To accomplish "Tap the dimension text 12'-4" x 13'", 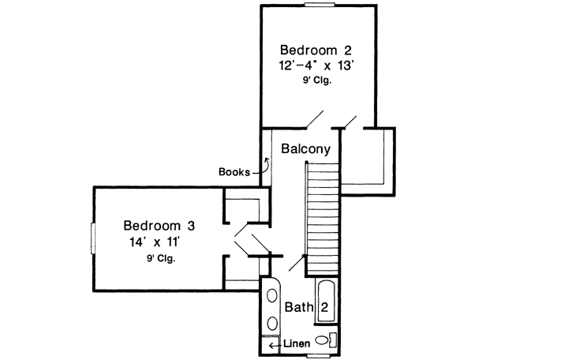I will (320, 66).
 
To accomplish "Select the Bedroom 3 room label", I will (159, 224).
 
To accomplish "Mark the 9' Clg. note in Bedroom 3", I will (160, 257).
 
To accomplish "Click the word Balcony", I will (305, 148).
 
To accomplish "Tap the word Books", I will (234, 171).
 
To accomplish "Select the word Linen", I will (297, 344).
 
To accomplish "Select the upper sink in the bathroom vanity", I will (272, 298).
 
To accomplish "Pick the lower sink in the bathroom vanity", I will (272, 323).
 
